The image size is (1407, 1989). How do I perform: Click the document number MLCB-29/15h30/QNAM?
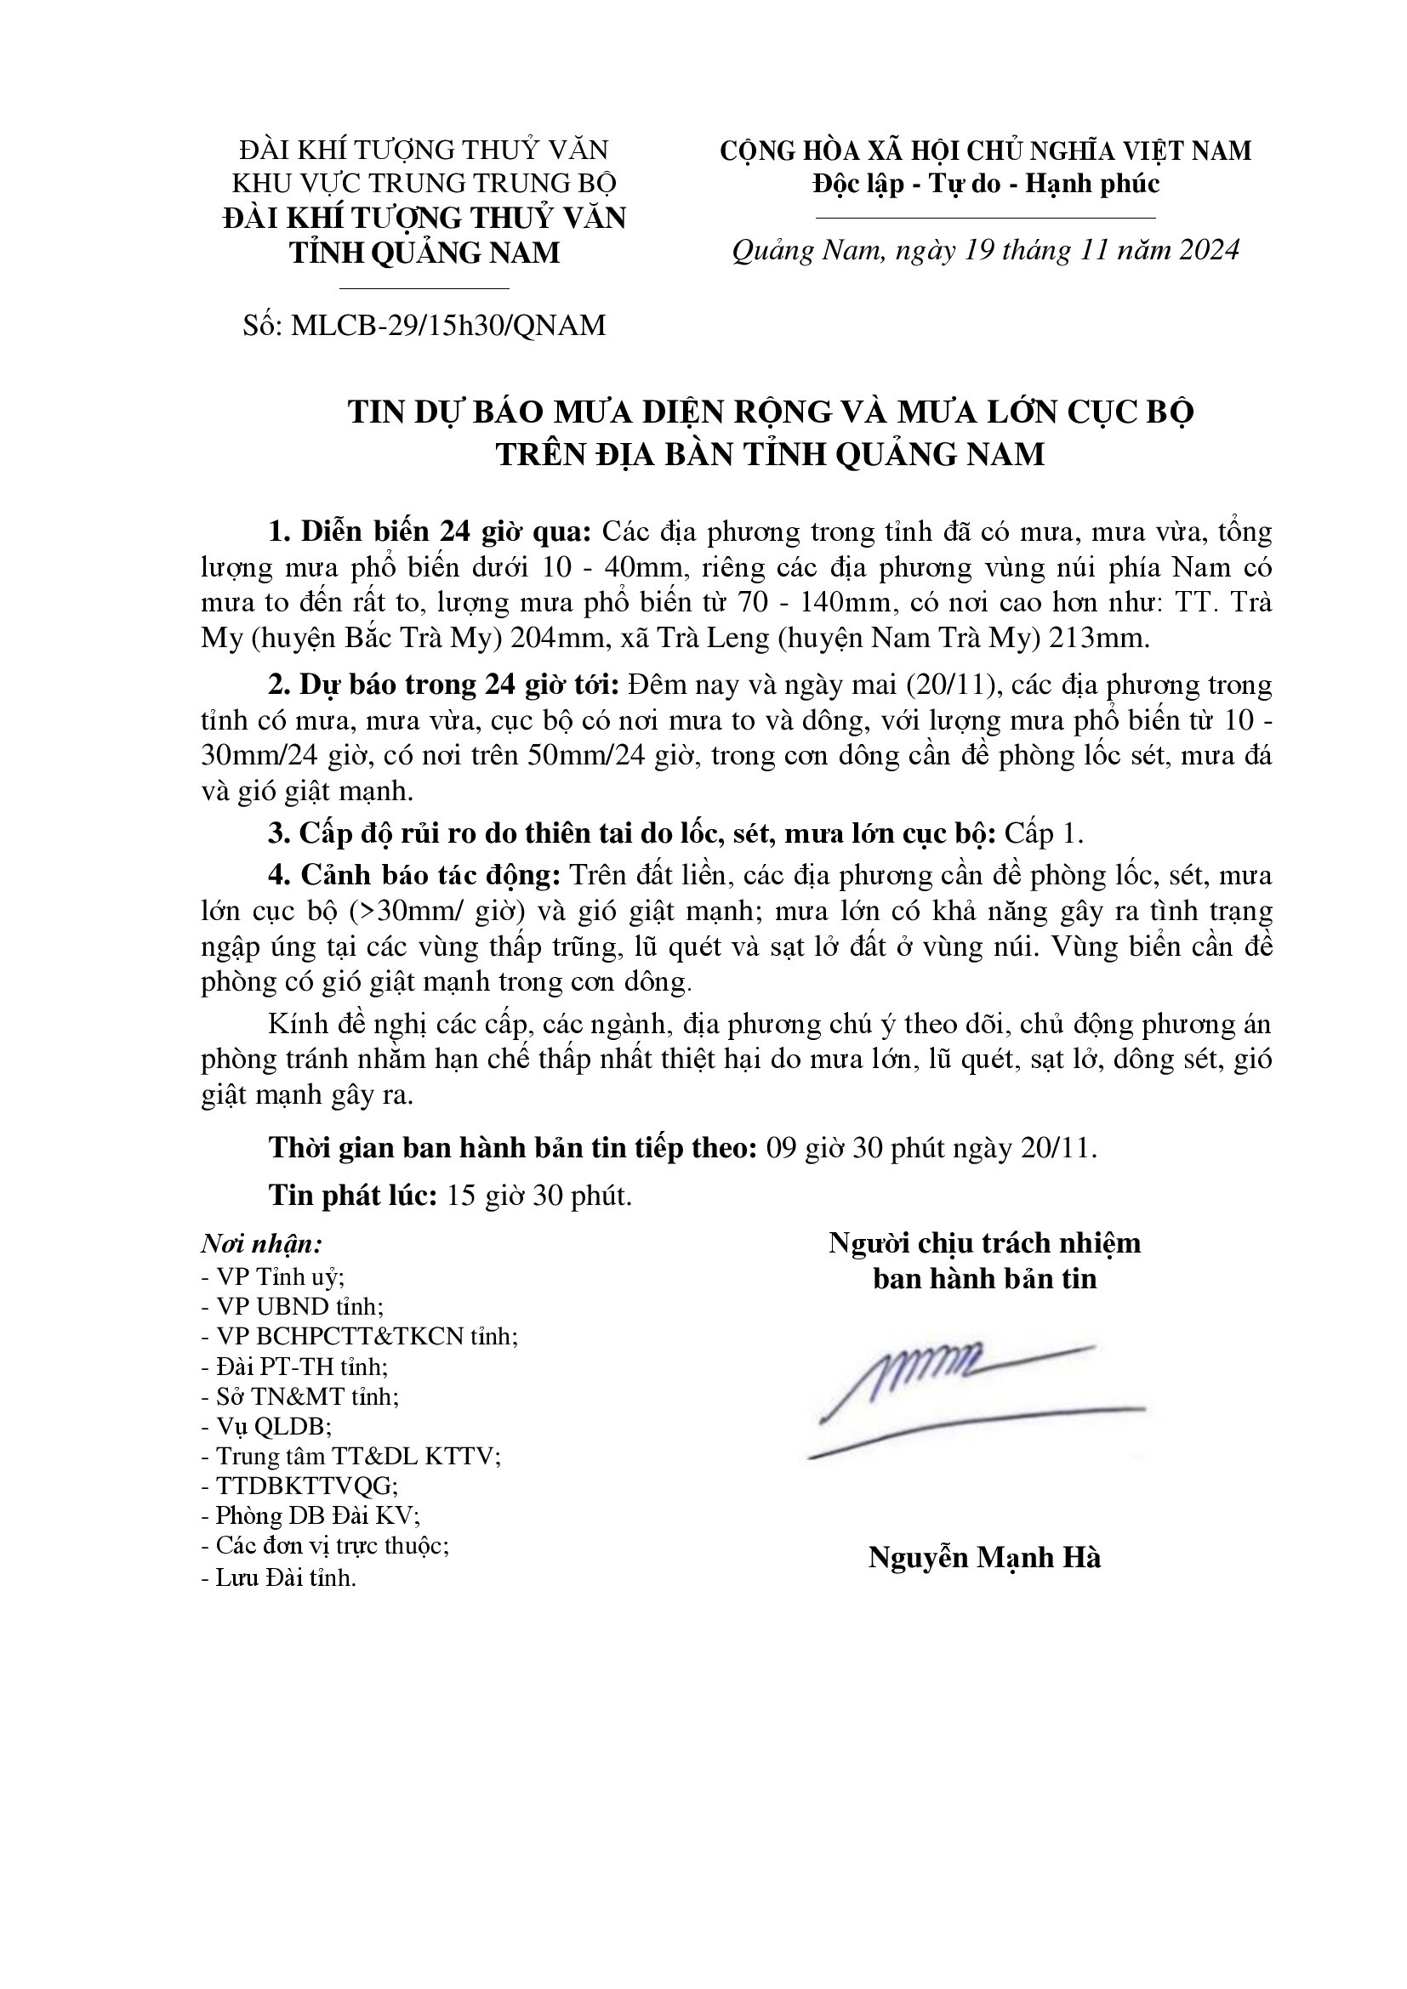(x=449, y=325)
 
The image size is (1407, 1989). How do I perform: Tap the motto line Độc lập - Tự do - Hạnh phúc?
(x=986, y=184)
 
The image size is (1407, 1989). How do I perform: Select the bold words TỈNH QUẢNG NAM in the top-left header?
(x=424, y=253)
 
